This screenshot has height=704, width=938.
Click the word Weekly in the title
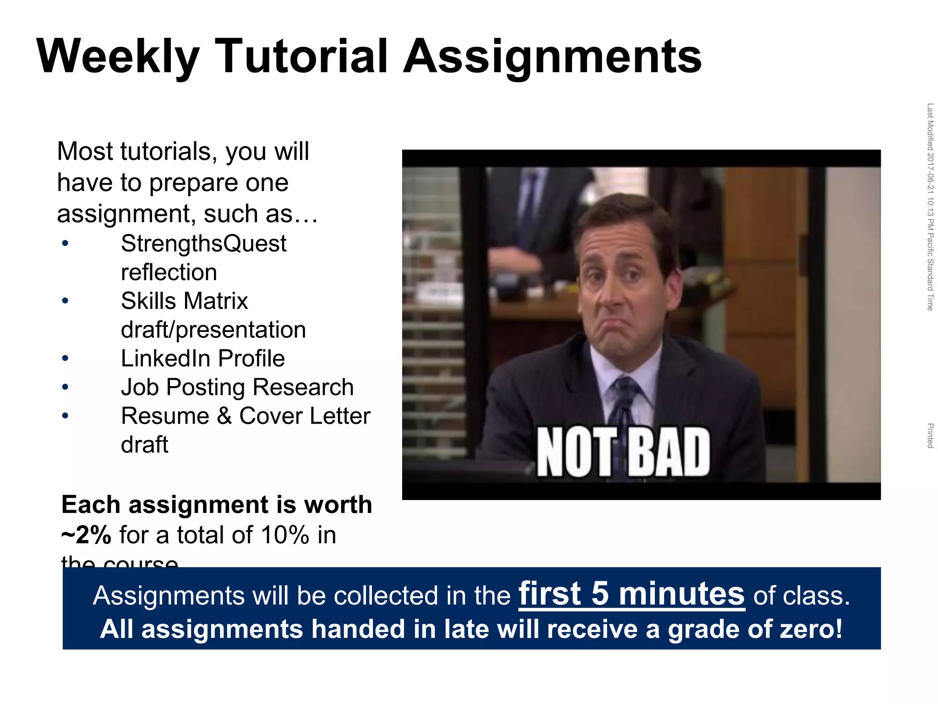(118, 57)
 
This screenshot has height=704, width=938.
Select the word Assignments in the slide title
(552, 57)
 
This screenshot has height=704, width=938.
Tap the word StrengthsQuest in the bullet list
(203, 243)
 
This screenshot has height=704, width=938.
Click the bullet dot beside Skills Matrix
(65, 301)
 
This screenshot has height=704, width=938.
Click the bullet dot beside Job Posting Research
(65, 387)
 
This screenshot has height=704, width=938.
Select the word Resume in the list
(165, 416)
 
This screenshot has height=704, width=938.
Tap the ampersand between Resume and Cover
(224, 416)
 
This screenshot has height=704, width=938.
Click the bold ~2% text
(87, 535)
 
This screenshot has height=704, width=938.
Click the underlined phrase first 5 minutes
(632, 594)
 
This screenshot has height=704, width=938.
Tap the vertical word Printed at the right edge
(930, 436)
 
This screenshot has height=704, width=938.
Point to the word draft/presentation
(213, 330)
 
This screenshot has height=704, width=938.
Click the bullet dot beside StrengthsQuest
(65, 244)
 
